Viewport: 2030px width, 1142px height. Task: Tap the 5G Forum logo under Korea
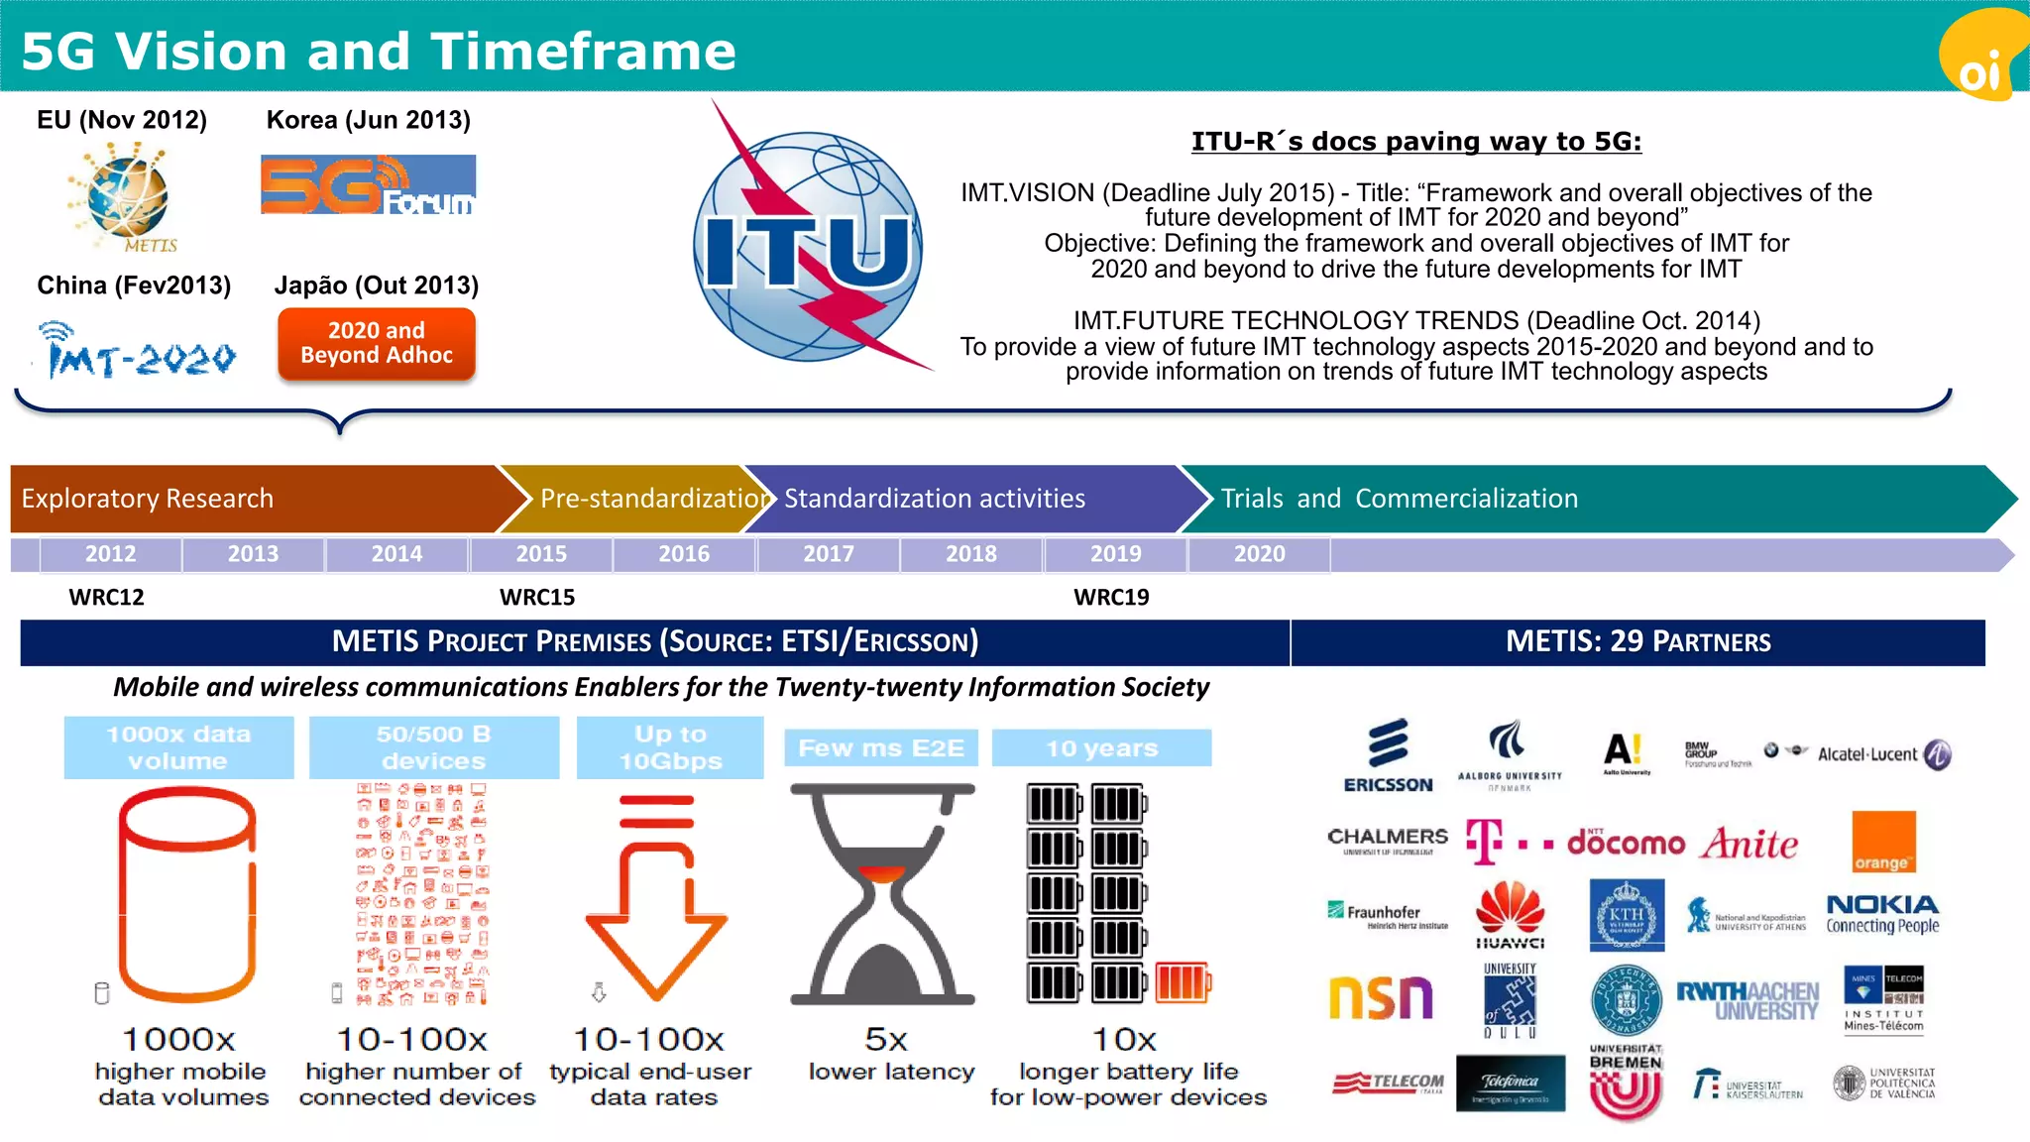[368, 184]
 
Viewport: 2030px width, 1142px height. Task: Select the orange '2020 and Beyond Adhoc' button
[377, 343]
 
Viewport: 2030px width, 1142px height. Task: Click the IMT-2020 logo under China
[138, 349]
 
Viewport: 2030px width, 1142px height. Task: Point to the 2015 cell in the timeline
[541, 554]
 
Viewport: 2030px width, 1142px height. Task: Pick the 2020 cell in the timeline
[1259, 554]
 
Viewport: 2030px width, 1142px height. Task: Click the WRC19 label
[1111, 598]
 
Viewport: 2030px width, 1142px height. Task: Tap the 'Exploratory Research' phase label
[148, 499]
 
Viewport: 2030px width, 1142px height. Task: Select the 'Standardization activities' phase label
[935, 499]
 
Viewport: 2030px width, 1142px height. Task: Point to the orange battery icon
[1183, 982]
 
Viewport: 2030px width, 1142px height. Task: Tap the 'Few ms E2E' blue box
[881, 748]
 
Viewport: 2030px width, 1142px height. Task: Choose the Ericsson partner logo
[1388, 756]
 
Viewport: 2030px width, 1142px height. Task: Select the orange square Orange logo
[1883, 842]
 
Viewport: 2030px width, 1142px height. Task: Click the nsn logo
[1381, 997]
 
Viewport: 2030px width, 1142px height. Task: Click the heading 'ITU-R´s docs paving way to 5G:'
[1415, 142]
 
